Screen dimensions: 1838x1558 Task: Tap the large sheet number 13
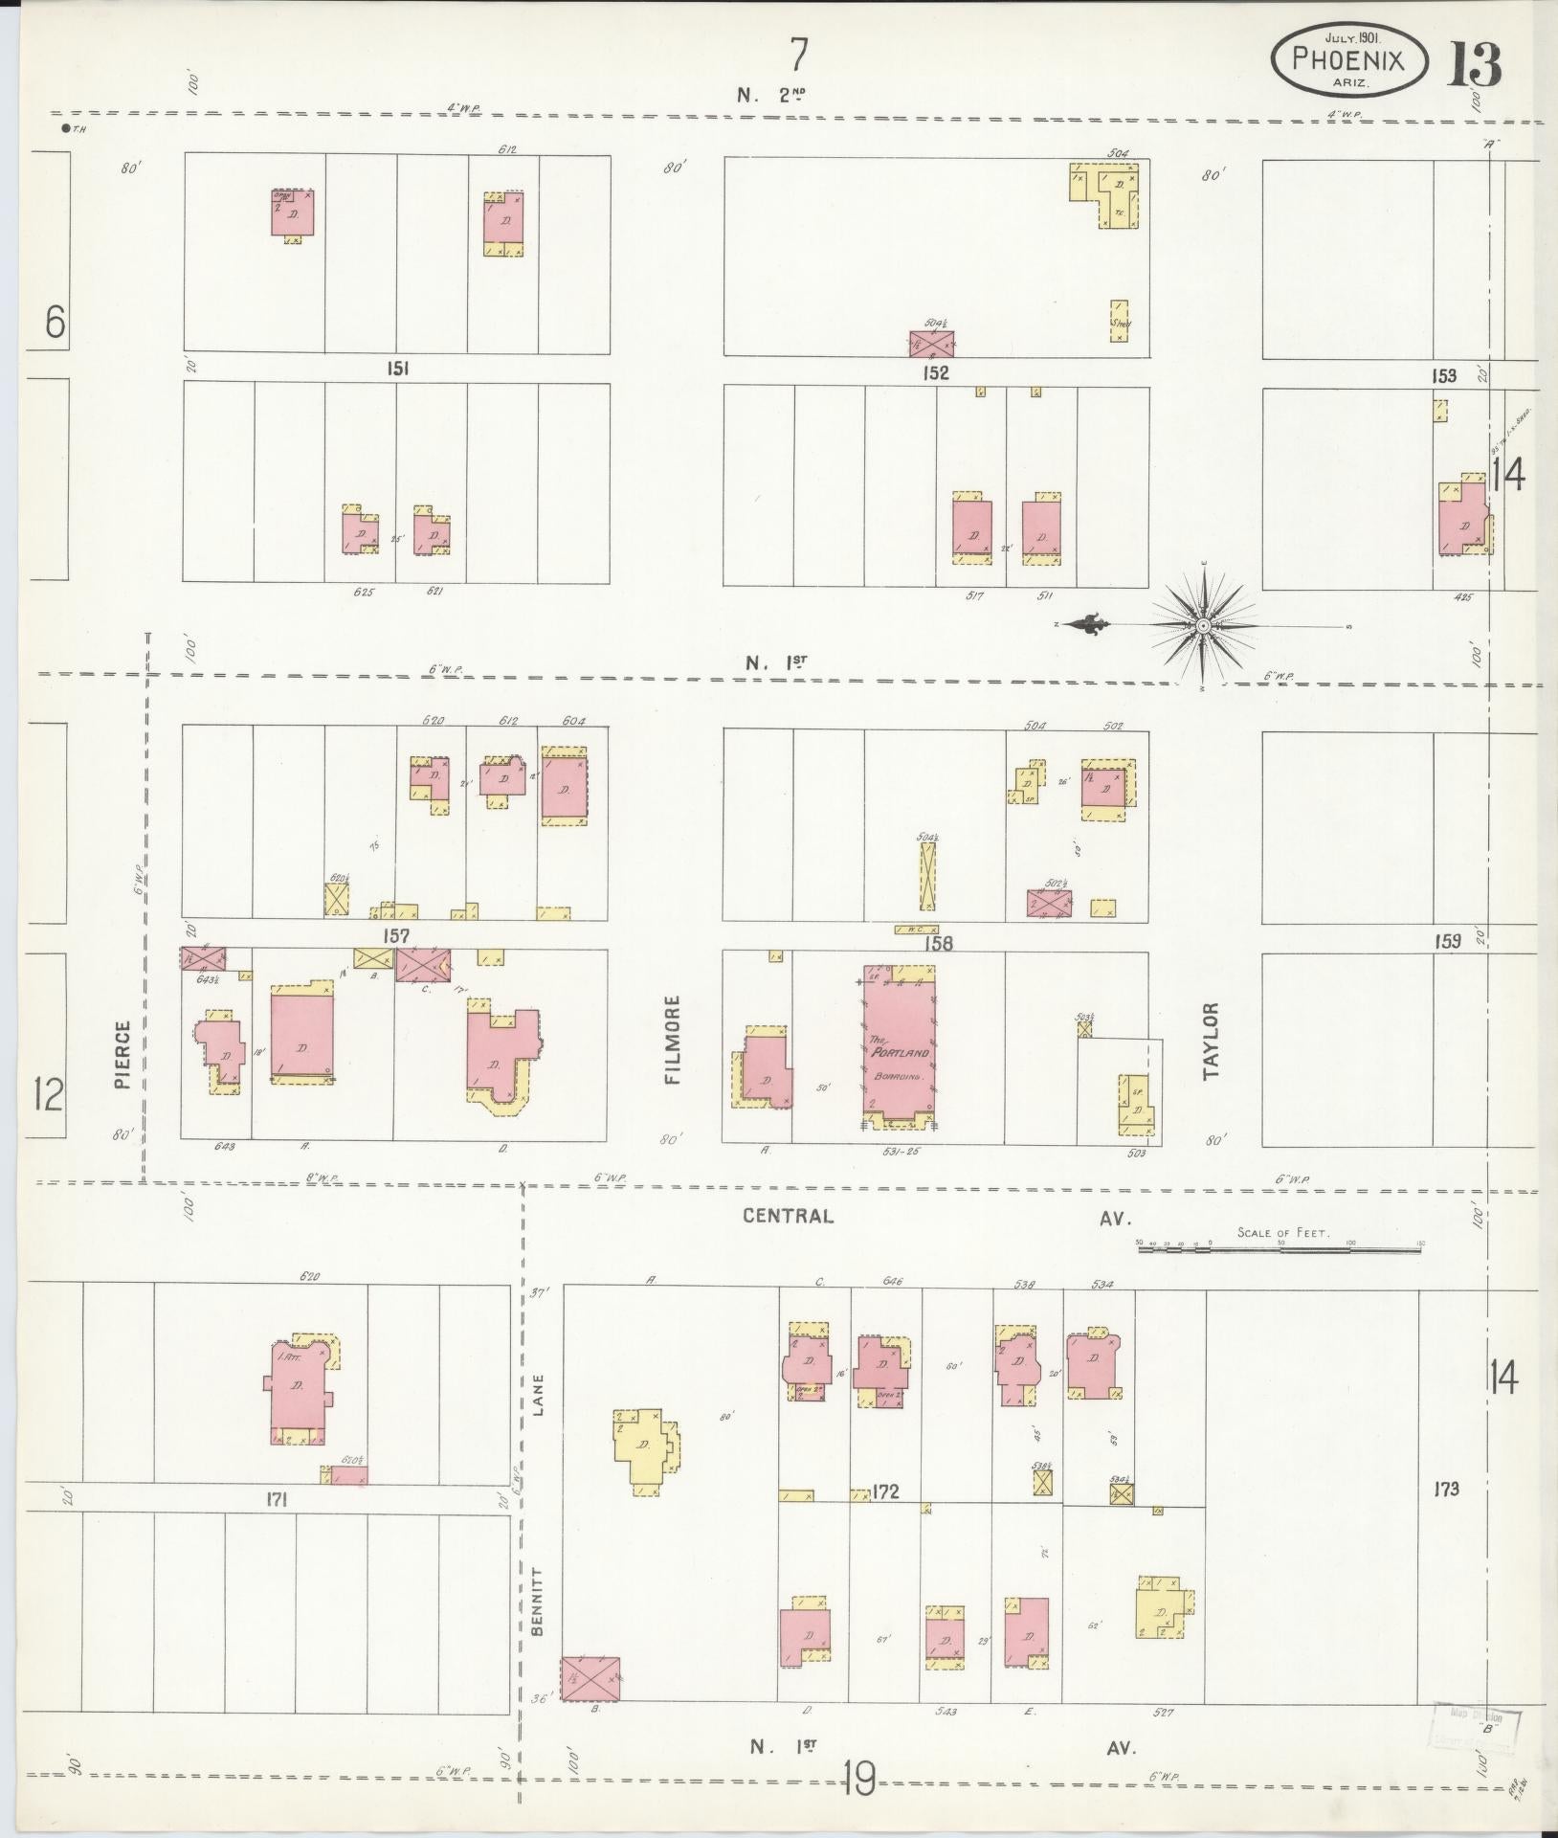point(1474,63)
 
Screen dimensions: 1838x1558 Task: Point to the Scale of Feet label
point(1282,1232)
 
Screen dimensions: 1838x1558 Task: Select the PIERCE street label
point(122,1055)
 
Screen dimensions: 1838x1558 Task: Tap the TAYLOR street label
point(1212,1041)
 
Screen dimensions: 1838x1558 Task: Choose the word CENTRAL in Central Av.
point(788,1216)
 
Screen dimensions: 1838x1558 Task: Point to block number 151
point(398,369)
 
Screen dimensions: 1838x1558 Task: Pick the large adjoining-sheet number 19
point(859,1780)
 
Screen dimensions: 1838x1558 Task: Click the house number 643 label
point(225,1146)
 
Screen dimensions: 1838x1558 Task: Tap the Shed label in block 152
point(1120,325)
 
